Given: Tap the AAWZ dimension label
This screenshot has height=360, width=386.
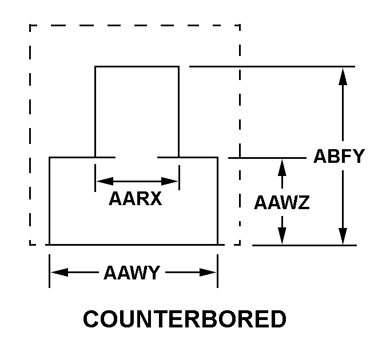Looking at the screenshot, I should coord(282,202).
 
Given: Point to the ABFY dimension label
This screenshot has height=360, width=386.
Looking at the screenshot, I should coord(339,156).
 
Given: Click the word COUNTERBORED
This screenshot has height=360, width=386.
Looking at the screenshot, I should coord(185,319).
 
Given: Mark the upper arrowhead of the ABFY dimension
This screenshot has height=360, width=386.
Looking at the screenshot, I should coord(343,77).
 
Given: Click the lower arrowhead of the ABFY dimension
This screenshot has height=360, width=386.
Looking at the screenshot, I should coord(343,235).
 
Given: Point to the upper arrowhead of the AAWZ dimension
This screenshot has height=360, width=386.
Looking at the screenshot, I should coord(281,167).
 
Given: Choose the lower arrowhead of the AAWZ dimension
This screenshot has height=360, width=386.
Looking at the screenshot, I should coord(281,235).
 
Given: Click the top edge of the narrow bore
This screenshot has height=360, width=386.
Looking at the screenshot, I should coord(137,67).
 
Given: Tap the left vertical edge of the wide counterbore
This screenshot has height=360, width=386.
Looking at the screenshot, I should coord(50,200).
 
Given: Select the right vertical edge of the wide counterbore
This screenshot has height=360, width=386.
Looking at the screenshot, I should coord(217,200).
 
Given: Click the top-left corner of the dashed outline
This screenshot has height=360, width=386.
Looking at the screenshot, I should coord(30,25).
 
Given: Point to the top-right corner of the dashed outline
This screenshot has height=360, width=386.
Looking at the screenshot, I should coord(240,25).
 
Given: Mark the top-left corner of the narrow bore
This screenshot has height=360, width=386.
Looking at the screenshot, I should coord(95,67).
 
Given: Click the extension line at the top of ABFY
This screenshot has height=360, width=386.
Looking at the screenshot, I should coord(272,66).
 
